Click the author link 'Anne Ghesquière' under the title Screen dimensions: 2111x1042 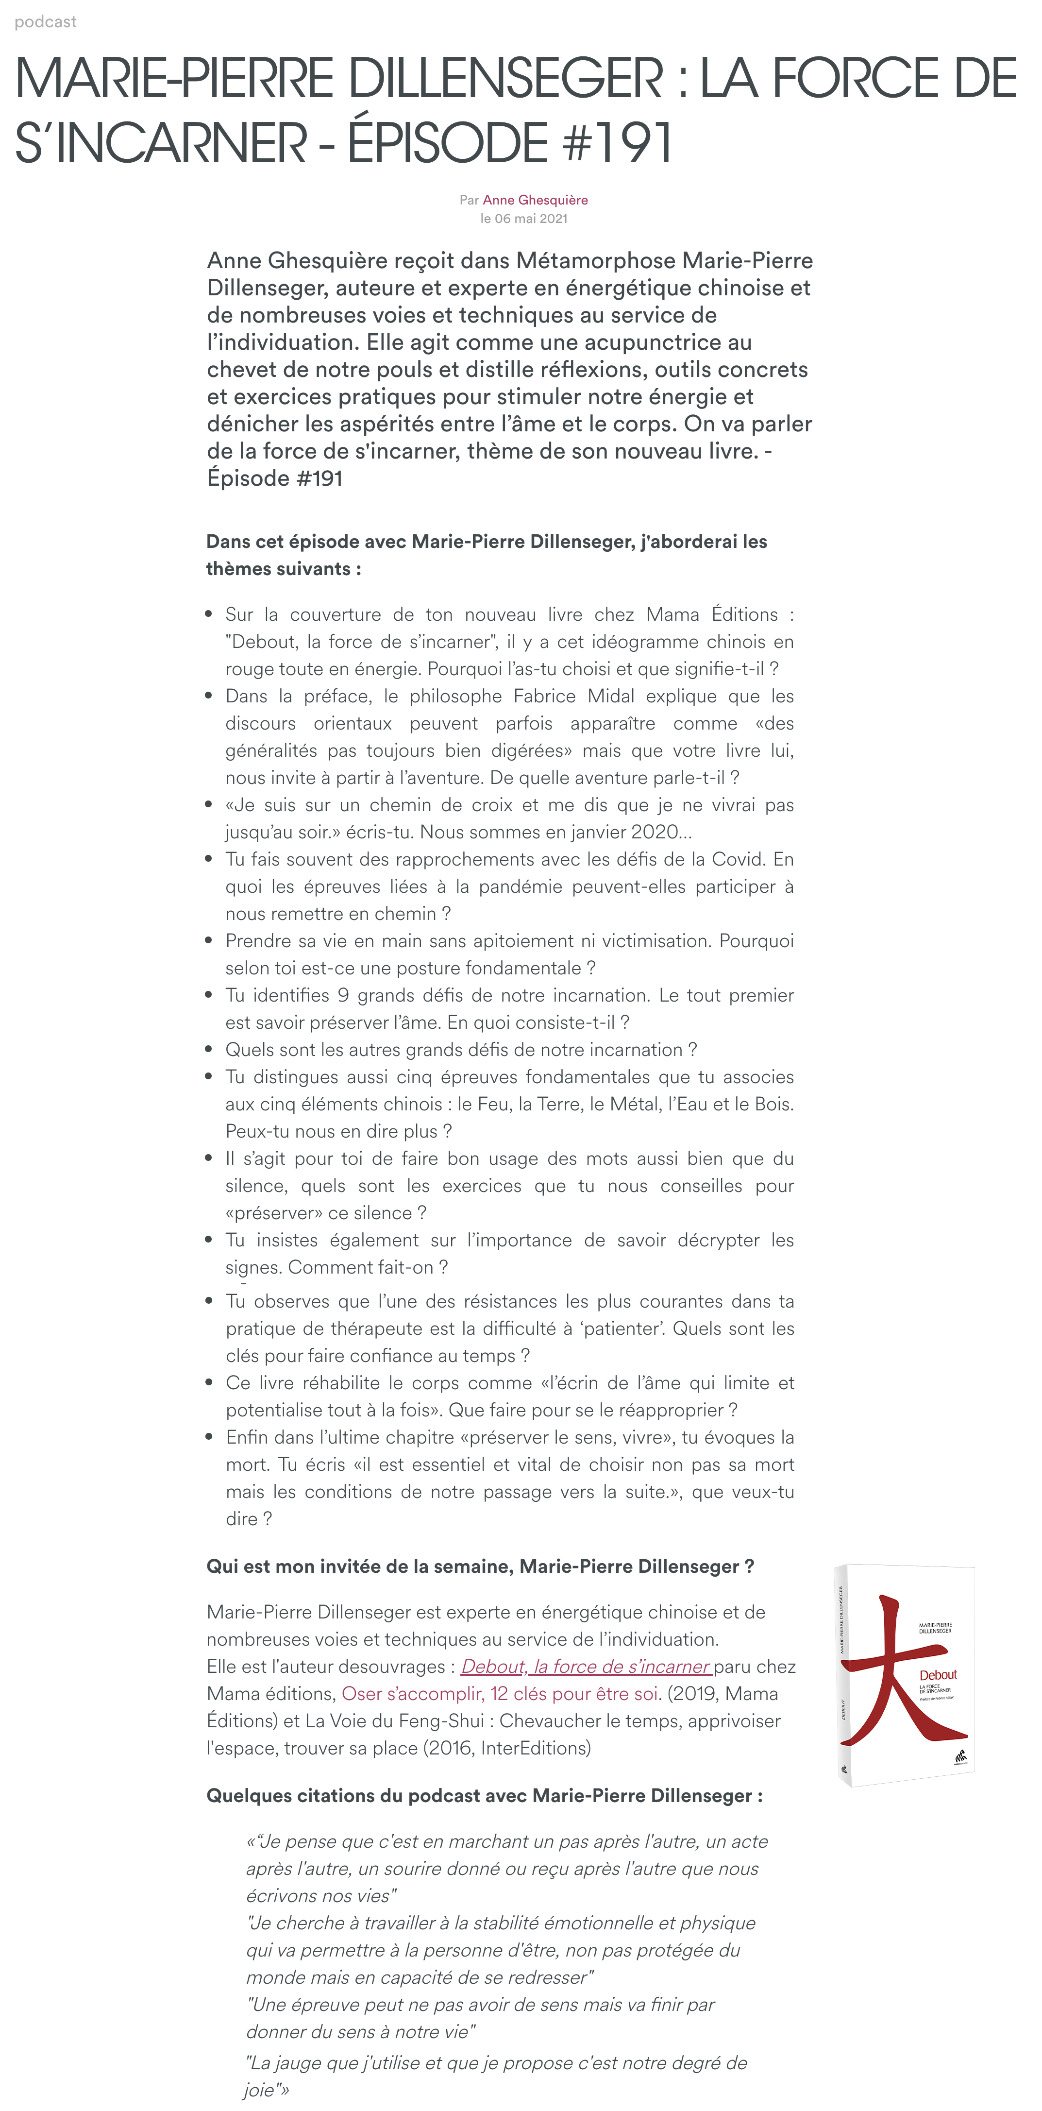(535, 200)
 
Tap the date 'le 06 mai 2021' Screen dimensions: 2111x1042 (523, 219)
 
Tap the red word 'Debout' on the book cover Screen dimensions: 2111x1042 (938, 1675)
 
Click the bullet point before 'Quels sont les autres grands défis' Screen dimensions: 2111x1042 (209, 1049)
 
